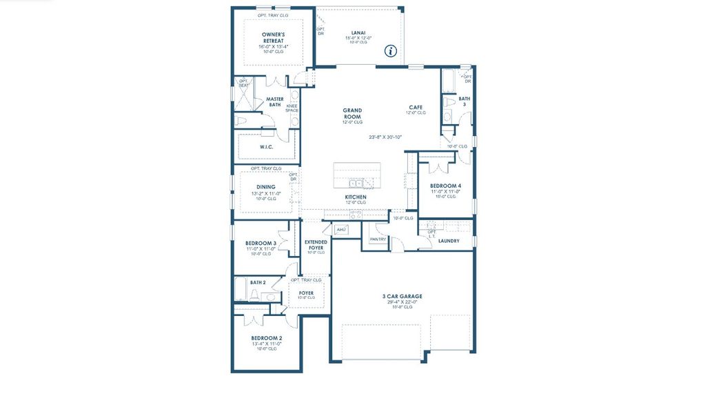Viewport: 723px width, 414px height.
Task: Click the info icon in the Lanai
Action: [391, 50]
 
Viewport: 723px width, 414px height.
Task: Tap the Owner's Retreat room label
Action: [273, 37]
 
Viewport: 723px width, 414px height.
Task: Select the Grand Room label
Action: [352, 113]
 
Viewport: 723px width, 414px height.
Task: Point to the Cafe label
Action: [416, 107]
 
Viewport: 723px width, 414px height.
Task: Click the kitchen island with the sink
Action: [357, 175]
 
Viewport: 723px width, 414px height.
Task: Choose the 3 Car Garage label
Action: [402, 297]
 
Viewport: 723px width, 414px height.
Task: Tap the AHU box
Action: [341, 229]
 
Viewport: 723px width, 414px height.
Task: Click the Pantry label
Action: [378, 239]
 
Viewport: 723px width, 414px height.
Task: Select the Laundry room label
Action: [449, 241]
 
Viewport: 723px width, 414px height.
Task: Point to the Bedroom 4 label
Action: [446, 186]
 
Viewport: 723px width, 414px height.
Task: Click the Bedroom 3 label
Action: [261, 244]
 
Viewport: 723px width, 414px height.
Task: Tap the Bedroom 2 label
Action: [266, 338]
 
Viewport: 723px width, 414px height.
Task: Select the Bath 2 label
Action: [258, 282]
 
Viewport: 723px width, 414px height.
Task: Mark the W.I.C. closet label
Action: [267, 147]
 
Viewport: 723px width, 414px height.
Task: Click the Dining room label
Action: [266, 187]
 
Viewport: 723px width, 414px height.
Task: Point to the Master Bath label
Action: [274, 101]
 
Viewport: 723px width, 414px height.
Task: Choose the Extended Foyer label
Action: [316, 244]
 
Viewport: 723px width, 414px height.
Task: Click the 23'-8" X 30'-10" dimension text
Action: [385, 137]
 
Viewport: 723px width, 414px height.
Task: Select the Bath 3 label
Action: [464, 101]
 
